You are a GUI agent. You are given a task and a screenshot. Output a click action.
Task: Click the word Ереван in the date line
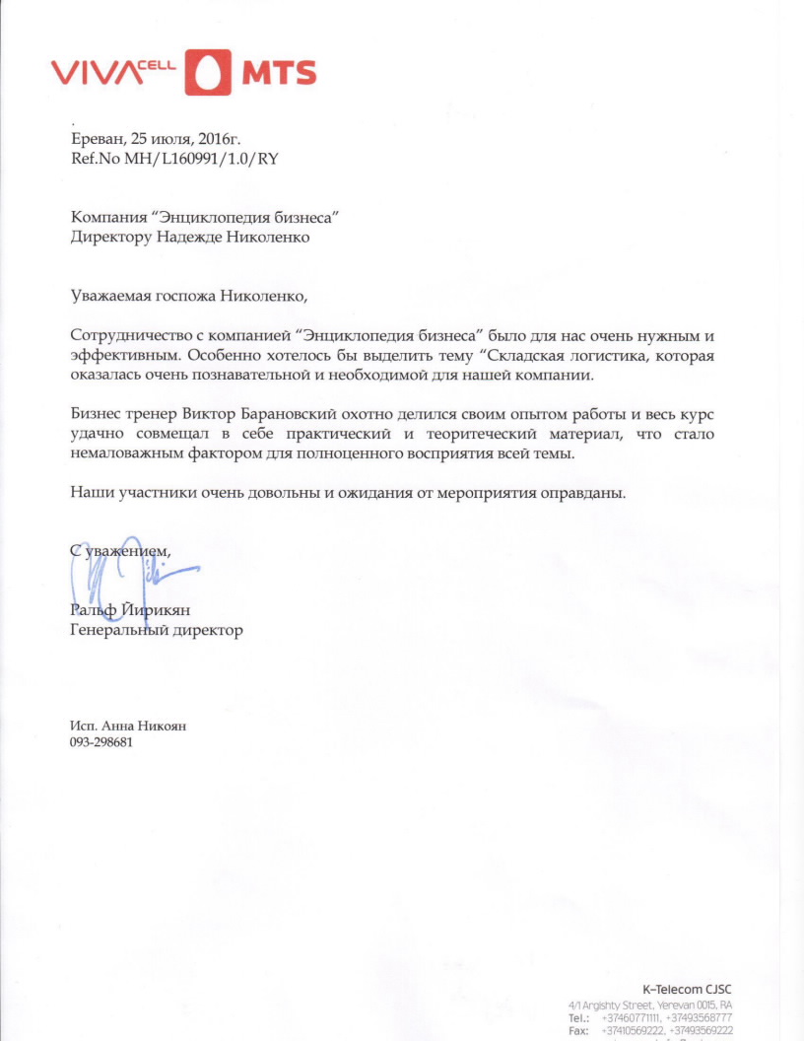click(x=96, y=139)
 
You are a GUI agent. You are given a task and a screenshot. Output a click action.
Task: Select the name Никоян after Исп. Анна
click(x=162, y=726)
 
